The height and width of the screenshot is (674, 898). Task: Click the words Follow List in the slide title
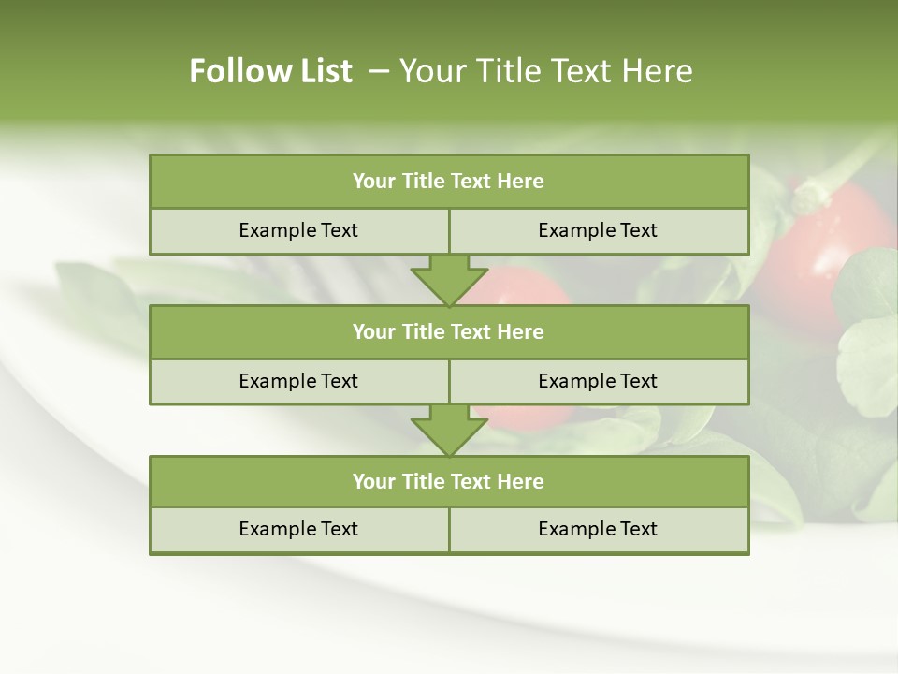[x=270, y=71]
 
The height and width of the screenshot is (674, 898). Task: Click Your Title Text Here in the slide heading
[x=545, y=71]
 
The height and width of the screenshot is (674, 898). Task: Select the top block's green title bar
[x=449, y=182]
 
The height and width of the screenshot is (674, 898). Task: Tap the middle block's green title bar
[x=449, y=332]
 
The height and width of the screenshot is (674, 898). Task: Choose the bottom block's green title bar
[x=449, y=482]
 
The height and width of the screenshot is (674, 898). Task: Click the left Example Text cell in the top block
[x=298, y=231]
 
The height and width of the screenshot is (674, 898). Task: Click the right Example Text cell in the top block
[x=598, y=231]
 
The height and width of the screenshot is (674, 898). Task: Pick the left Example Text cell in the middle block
[x=298, y=382]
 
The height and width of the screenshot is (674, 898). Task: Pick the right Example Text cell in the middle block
[x=598, y=382]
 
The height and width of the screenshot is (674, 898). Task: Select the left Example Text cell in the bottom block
[x=298, y=530]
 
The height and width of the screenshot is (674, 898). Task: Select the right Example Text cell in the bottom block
[x=598, y=530]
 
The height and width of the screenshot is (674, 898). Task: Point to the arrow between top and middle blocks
[x=449, y=280]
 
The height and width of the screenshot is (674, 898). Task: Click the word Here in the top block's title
[x=520, y=182]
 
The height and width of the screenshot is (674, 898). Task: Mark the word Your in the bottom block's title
[x=373, y=482]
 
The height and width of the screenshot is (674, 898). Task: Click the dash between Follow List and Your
[x=380, y=71]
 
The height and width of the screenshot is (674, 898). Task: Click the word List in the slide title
[x=321, y=71]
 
